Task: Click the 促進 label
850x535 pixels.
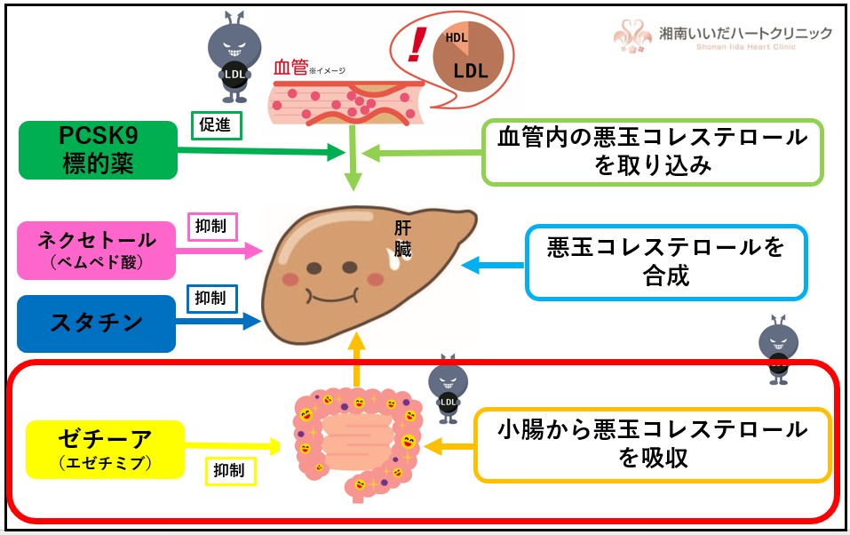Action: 217,126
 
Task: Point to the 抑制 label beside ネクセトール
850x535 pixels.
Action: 211,226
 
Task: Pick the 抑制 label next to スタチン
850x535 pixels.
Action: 211,299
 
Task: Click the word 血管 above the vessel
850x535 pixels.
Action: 290,68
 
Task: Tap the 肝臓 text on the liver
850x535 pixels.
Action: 403,238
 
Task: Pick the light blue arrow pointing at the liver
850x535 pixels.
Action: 490,263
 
